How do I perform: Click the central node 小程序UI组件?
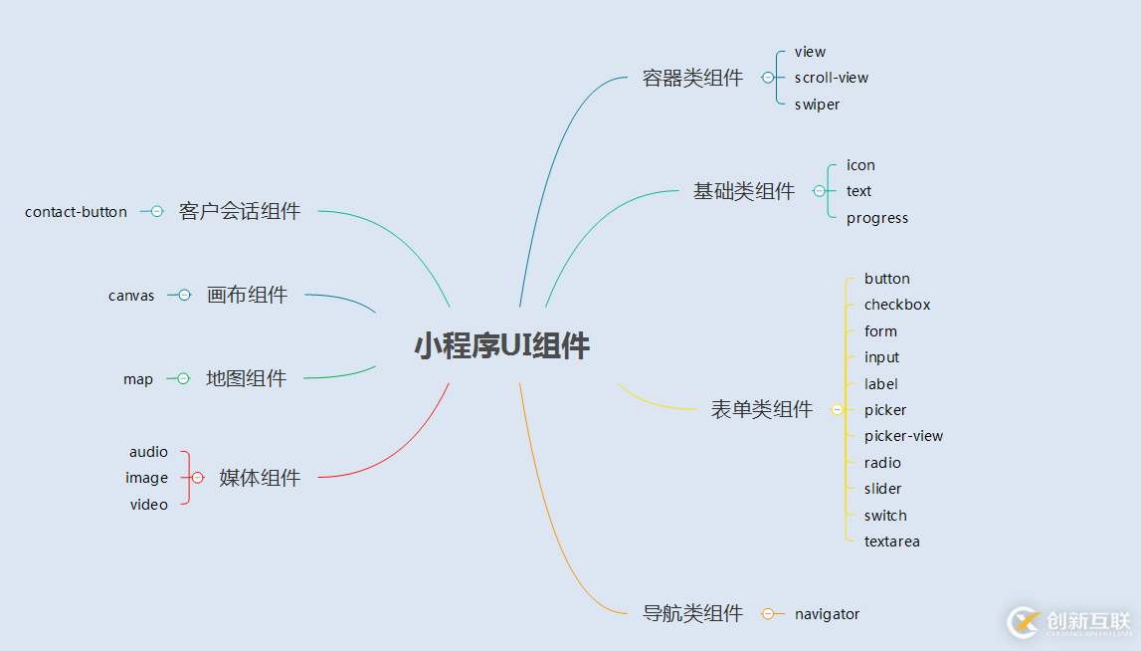[x=501, y=346]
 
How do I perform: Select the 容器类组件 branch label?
[x=692, y=78]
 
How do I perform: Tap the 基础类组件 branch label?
[x=744, y=191]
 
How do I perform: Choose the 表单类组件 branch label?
[x=762, y=409]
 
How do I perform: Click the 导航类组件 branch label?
[x=692, y=613]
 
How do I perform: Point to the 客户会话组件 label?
[x=240, y=211]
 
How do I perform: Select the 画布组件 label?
[x=247, y=295]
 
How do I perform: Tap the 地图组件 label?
[x=246, y=378]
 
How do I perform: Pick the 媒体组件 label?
[x=260, y=478]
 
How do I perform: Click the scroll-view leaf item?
[x=832, y=78]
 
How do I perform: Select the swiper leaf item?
[x=817, y=105]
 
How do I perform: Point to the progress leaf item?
[x=876, y=218]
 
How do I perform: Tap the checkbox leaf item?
[x=897, y=305]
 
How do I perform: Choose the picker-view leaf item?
[x=903, y=436]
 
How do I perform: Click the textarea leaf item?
[x=891, y=542]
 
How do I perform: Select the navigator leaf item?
[x=827, y=614]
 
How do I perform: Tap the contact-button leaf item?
[x=77, y=212]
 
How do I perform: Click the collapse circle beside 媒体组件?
[x=197, y=478]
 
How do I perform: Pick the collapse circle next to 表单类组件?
[x=837, y=409]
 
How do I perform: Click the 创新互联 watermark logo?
[x=1069, y=622]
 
